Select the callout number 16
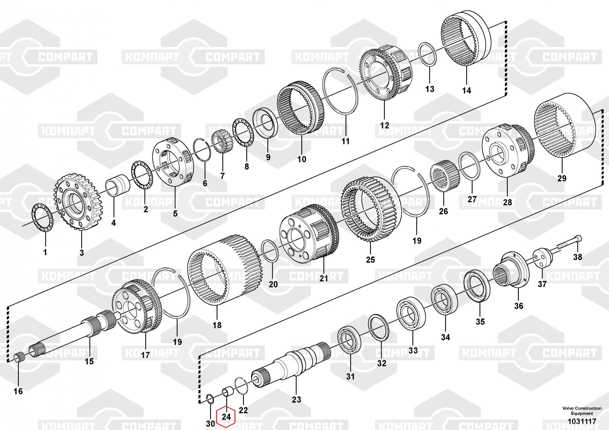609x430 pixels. [18, 391]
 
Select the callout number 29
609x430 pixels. [562, 178]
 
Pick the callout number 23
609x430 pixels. [296, 400]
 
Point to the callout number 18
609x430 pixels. [217, 325]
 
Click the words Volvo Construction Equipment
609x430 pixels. [582, 411]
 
